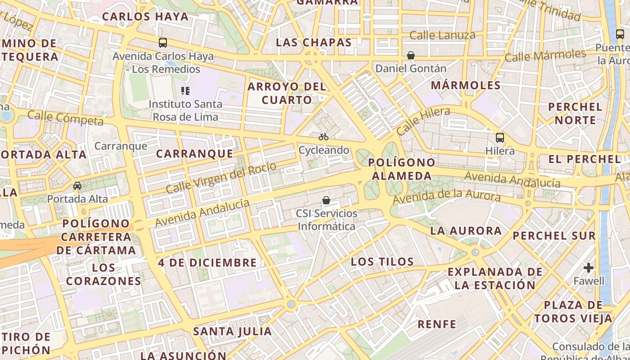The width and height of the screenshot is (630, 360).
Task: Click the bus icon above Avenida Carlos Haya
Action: click(x=163, y=43)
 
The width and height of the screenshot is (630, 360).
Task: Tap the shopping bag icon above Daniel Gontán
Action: click(x=410, y=55)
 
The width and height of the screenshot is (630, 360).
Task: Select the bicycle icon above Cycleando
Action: click(x=324, y=137)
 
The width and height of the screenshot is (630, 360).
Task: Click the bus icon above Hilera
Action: click(x=499, y=138)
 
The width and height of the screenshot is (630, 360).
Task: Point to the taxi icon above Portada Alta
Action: click(x=77, y=185)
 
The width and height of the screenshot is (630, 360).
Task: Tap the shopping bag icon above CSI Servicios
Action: click(x=326, y=200)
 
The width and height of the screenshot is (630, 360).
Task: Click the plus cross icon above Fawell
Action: click(x=589, y=268)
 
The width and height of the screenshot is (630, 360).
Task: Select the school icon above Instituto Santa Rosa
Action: click(x=185, y=91)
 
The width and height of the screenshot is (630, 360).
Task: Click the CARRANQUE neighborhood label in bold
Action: click(x=195, y=153)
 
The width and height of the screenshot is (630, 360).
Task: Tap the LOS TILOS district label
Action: click(x=382, y=261)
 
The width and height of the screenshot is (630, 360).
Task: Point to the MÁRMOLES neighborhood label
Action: click(x=466, y=85)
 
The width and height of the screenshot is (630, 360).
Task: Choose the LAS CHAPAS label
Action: click(x=314, y=43)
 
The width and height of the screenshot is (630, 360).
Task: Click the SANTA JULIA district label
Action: click(x=232, y=332)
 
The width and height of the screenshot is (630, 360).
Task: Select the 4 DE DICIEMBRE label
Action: click(x=207, y=262)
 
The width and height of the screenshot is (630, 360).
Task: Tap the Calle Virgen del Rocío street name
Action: click(x=220, y=178)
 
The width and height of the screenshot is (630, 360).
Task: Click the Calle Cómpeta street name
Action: click(x=65, y=118)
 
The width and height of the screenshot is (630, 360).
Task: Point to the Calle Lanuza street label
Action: click(x=442, y=35)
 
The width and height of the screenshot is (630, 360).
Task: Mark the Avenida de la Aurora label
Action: click(x=446, y=197)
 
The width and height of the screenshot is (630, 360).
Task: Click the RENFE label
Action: click(x=437, y=324)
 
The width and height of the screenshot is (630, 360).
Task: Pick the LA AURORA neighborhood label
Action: click(x=466, y=231)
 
